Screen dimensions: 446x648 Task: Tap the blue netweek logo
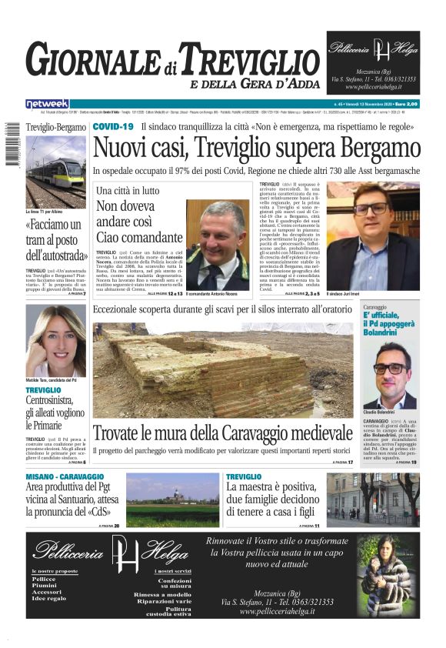pos(48,103)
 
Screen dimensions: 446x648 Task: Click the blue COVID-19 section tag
pos(113,125)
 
